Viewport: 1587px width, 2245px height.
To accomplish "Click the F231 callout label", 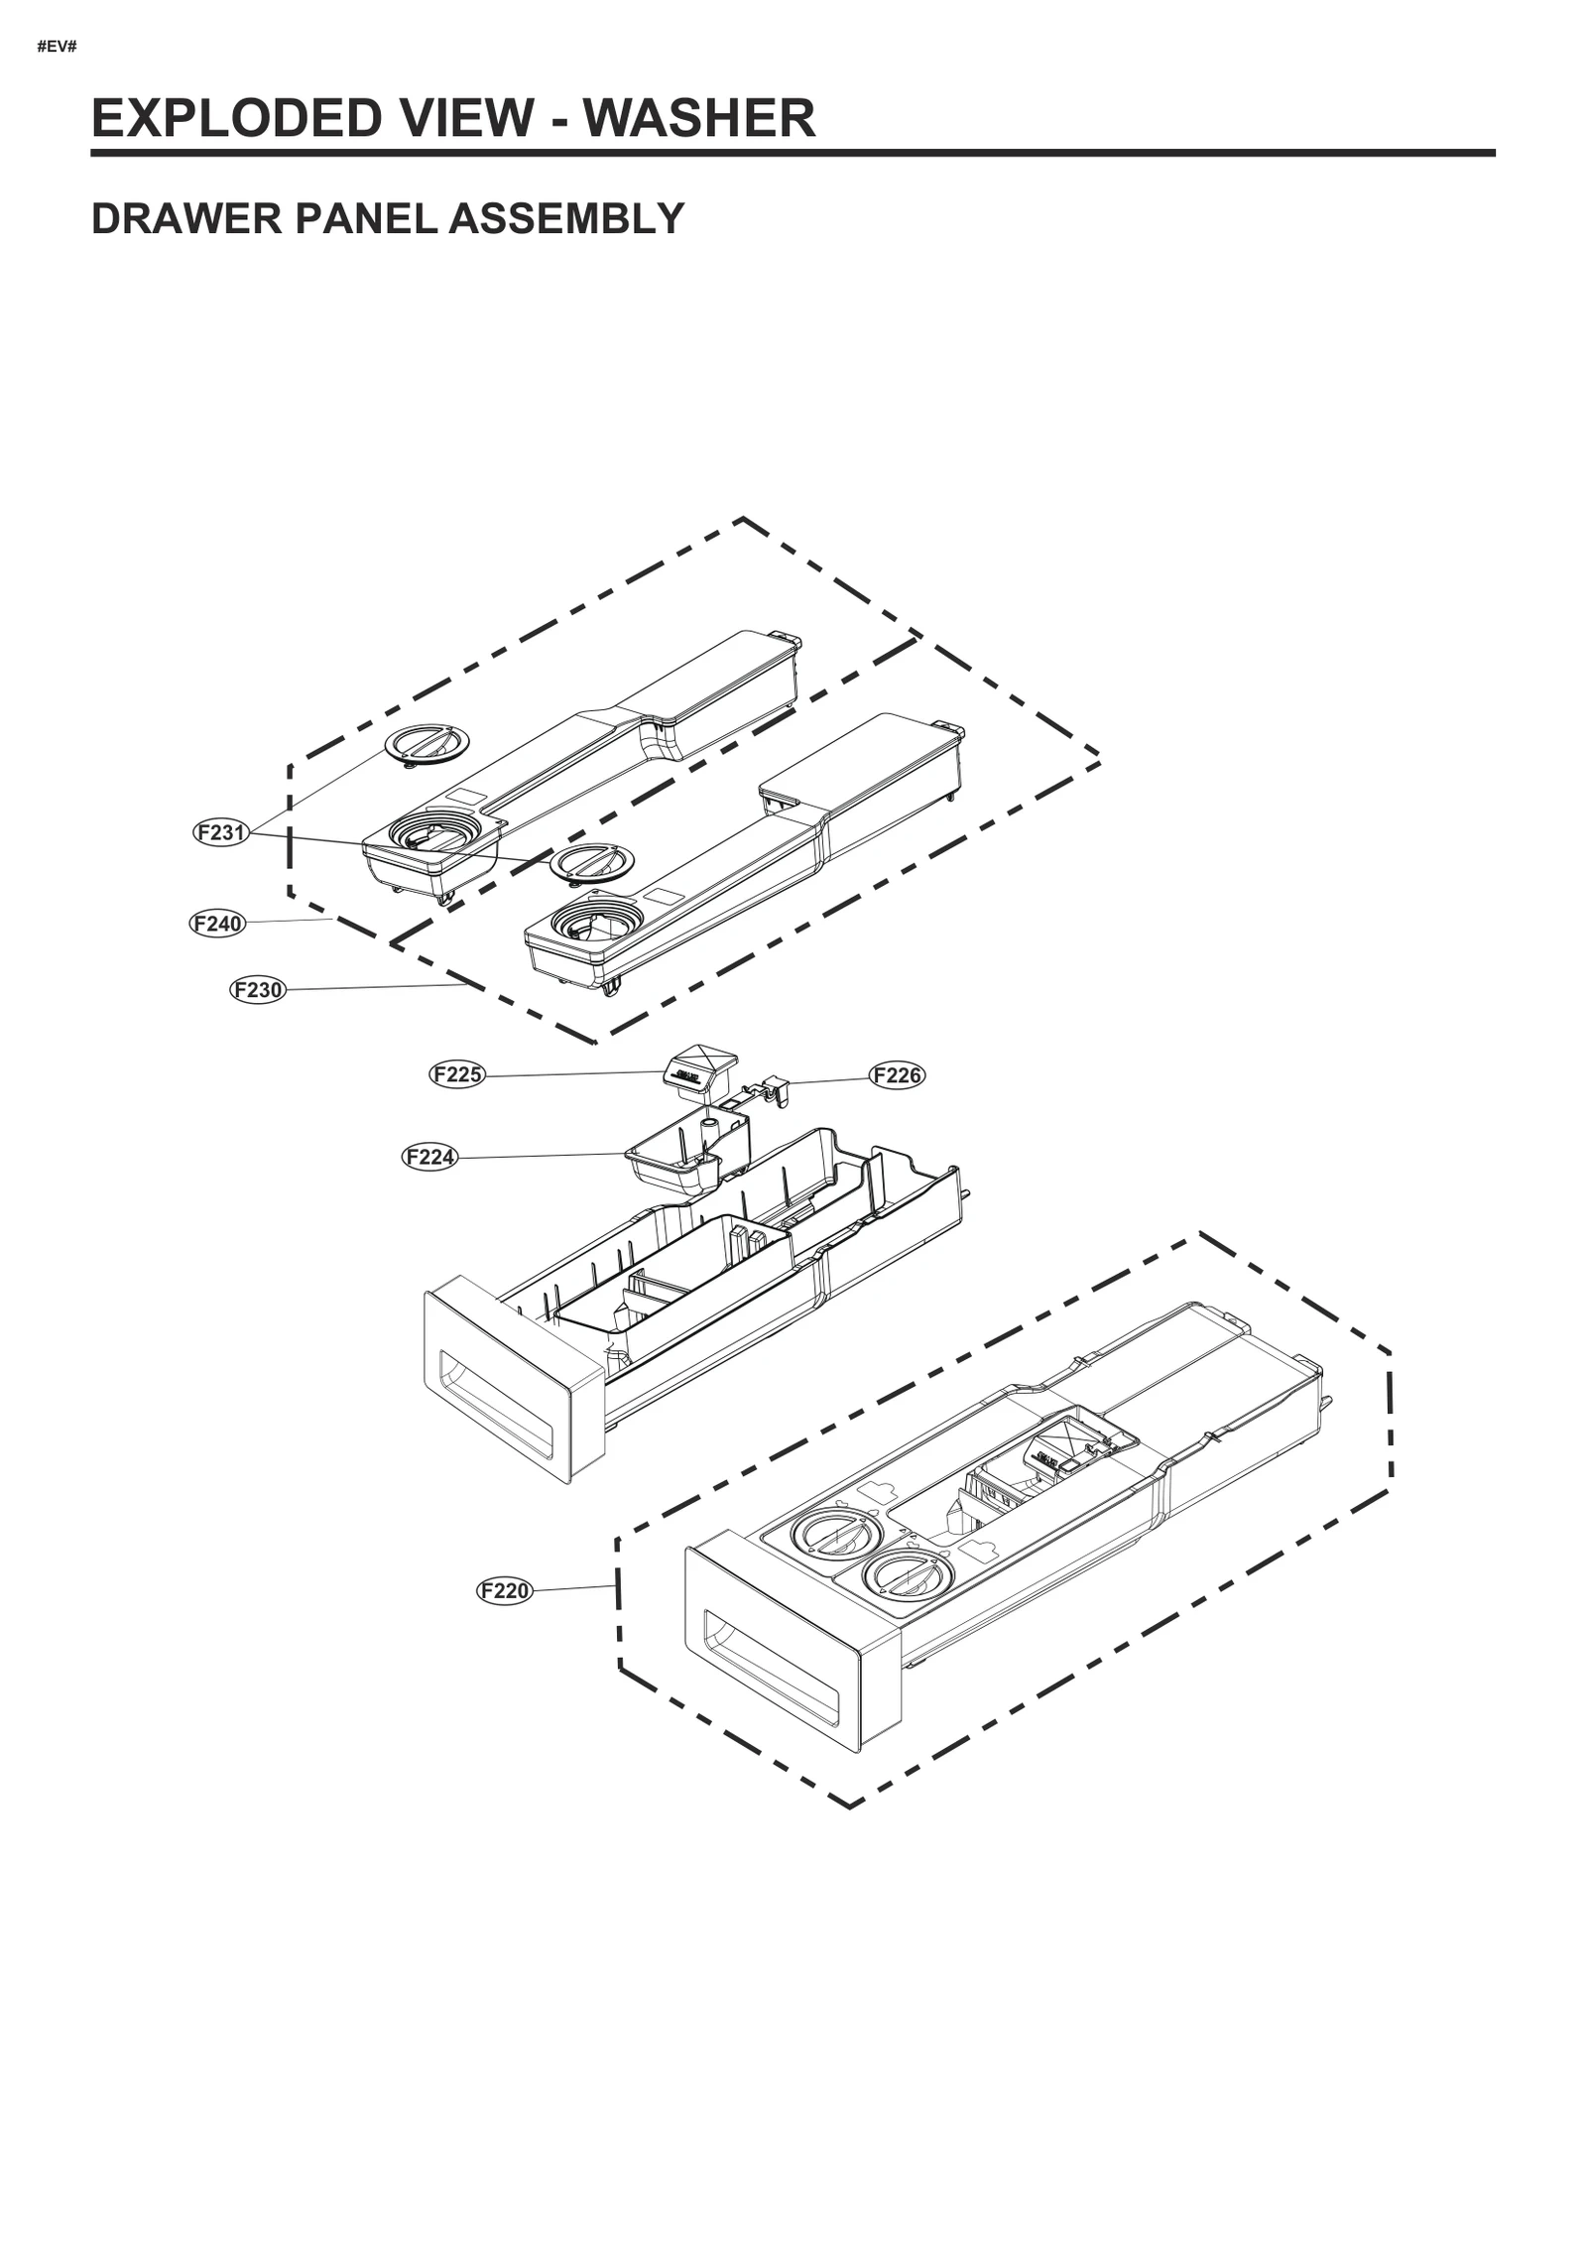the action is pos(220,832).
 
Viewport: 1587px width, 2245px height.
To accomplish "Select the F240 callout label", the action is pos(217,924).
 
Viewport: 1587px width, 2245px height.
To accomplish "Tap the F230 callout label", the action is pos(257,989).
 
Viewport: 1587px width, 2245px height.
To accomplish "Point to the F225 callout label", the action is pos(457,1074).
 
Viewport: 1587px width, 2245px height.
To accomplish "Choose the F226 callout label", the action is pos(897,1075).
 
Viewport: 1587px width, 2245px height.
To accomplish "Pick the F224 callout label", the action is pos(430,1157).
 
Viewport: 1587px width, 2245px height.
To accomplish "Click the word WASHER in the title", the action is pos(698,118).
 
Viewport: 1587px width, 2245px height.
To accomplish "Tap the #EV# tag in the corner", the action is pos(57,47).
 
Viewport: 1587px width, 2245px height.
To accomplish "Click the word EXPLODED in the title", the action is pos(236,118).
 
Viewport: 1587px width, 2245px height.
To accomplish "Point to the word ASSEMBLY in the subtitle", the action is pos(566,218).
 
